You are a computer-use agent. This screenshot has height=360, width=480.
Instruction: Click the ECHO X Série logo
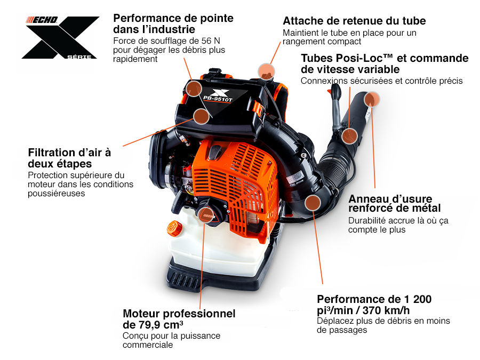coord(60,37)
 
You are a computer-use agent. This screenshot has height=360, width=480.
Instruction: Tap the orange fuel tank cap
coord(174,228)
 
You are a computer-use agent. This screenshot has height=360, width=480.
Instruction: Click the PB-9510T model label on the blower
coord(218,99)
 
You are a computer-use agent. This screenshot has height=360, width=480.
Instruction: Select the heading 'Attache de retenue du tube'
coord(354,21)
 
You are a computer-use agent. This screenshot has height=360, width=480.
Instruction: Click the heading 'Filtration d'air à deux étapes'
coord(69,158)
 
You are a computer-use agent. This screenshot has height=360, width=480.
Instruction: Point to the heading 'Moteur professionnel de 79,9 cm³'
coord(179,319)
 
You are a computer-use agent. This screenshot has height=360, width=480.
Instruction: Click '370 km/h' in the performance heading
coord(386,310)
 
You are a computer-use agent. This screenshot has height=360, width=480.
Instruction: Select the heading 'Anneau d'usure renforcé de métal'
coord(395,204)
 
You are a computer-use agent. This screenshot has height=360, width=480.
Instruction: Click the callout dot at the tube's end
coord(372,99)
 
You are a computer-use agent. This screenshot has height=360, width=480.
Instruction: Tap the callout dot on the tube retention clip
coord(266,71)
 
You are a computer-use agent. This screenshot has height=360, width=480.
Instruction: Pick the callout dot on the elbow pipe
coord(313,203)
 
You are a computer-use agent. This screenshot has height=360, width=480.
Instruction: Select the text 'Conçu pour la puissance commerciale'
coord(171,340)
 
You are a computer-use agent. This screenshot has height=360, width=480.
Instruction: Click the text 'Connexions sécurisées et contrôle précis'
coord(382,81)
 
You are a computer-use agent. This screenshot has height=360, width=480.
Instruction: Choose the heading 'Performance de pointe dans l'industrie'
coord(173,23)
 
